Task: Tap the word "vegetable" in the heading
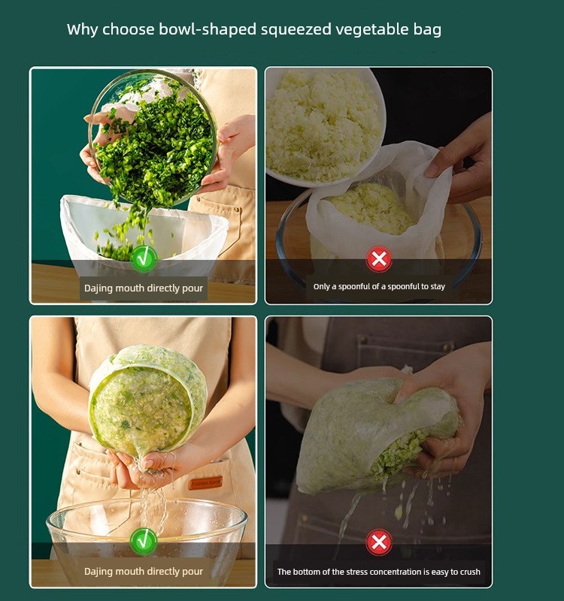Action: [371, 29]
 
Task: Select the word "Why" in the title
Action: [82, 29]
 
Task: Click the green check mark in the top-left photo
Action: [144, 258]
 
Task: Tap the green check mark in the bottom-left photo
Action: [144, 541]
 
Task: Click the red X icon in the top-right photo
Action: [379, 258]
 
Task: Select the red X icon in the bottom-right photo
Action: [379, 542]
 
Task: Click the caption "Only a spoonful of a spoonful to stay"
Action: [379, 286]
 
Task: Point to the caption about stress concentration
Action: [379, 572]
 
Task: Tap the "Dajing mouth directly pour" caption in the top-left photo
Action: [144, 288]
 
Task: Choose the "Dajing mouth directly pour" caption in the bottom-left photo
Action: [144, 572]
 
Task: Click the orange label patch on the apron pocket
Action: [205, 482]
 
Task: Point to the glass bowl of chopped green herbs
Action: [153, 137]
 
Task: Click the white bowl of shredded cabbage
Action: [324, 126]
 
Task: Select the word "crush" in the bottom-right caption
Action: [470, 572]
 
